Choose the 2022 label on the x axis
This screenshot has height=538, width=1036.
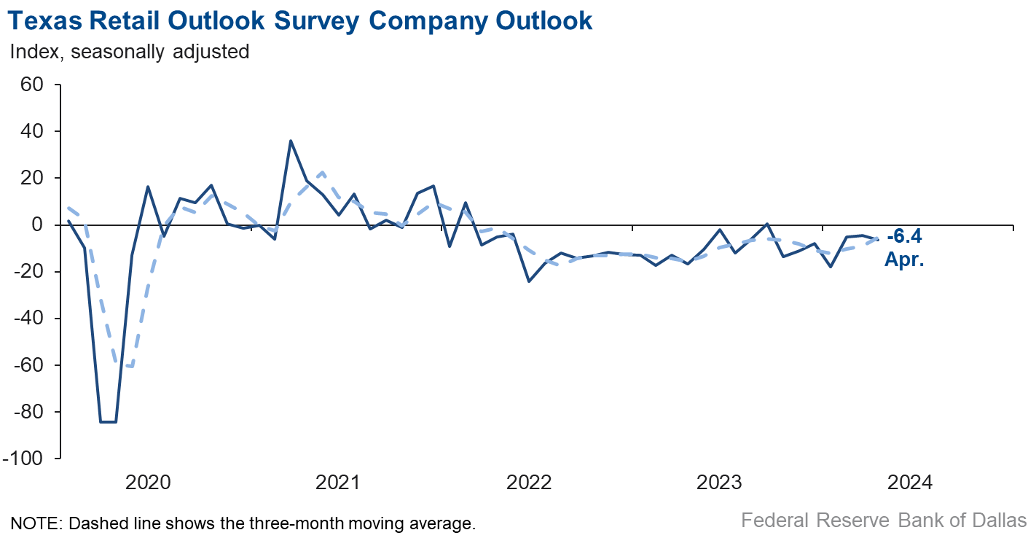click(529, 483)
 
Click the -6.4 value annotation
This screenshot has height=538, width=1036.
click(904, 237)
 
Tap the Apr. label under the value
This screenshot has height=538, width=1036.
click(904, 260)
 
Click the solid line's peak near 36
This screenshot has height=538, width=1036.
click(291, 141)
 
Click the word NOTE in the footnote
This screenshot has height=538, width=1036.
click(32, 523)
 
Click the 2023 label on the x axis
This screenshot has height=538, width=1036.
click(720, 483)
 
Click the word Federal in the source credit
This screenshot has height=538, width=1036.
click(774, 521)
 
